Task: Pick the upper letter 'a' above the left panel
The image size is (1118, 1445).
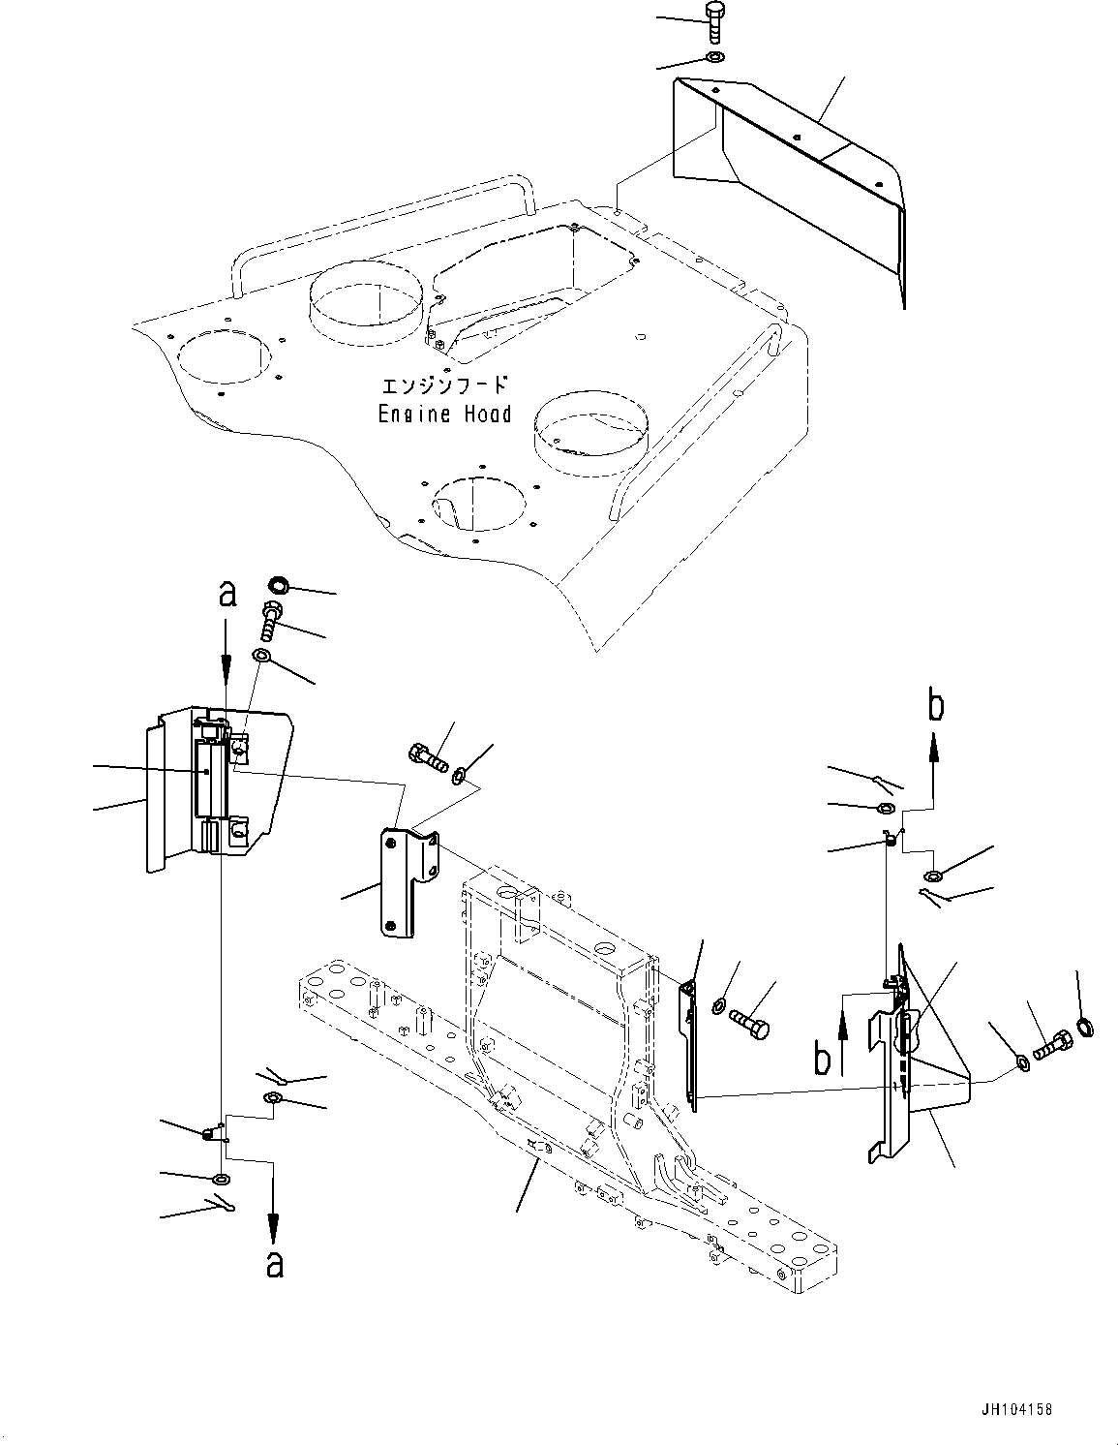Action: point(227,594)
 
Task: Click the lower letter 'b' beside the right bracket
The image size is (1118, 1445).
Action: point(823,1059)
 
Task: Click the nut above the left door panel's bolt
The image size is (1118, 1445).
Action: point(277,585)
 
